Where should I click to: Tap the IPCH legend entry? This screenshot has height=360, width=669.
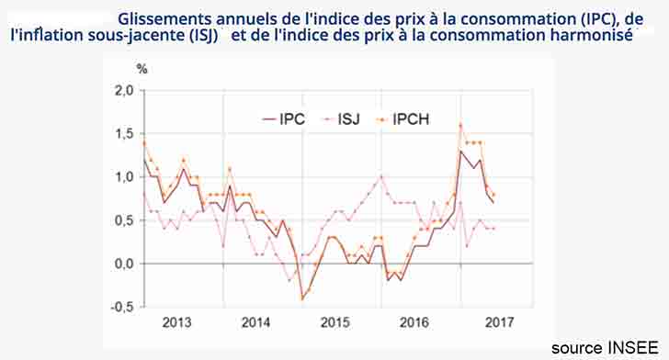click(x=411, y=118)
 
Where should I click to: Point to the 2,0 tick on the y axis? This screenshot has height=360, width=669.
click(x=123, y=90)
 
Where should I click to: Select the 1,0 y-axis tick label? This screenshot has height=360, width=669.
click(x=123, y=177)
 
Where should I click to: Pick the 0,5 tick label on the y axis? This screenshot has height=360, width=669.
click(x=123, y=220)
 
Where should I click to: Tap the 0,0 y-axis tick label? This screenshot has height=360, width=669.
click(x=123, y=264)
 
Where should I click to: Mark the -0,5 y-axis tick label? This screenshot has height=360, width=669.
click(x=121, y=307)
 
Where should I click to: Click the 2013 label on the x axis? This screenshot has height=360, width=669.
click(x=176, y=322)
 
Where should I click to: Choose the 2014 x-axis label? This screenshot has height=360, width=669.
click(x=256, y=322)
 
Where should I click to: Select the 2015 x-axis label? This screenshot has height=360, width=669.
click(x=335, y=322)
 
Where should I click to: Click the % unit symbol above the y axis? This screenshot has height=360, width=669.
click(x=142, y=68)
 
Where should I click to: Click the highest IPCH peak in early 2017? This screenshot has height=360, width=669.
click(x=459, y=125)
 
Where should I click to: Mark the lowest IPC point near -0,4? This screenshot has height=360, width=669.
click(x=301, y=298)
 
